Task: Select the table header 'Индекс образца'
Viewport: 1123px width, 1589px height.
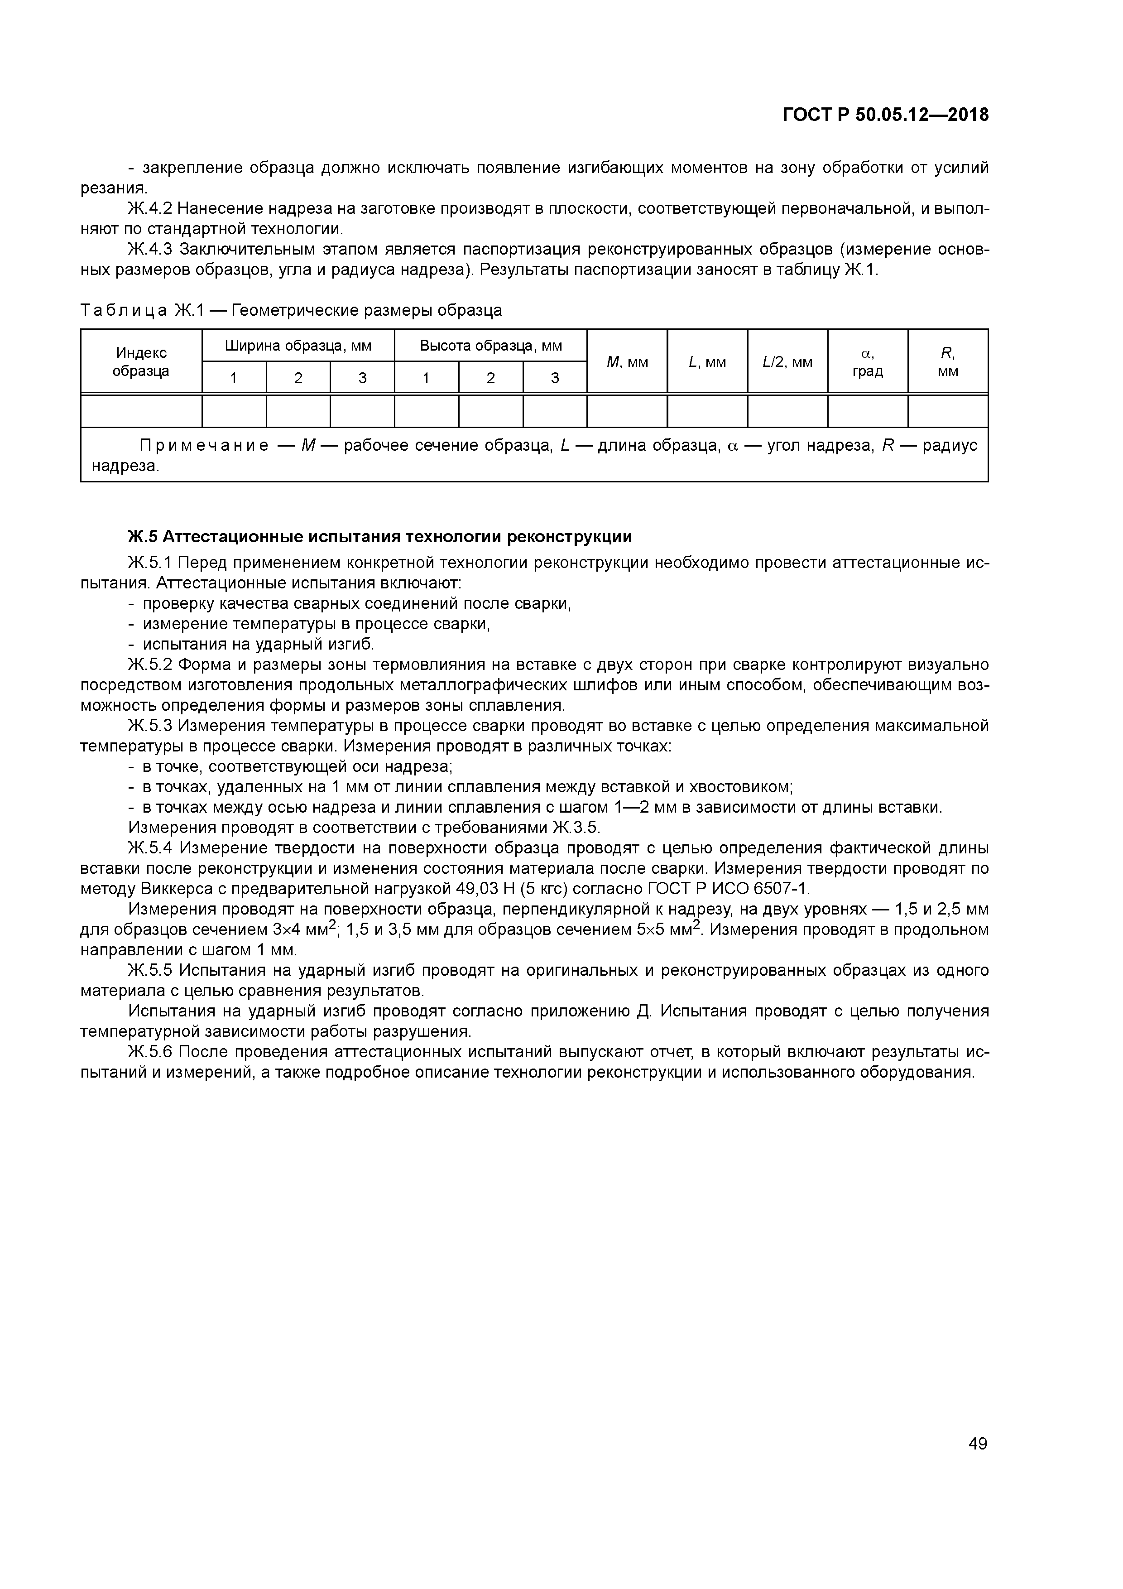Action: tap(141, 362)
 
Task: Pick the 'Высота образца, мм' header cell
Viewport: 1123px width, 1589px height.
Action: tap(490, 345)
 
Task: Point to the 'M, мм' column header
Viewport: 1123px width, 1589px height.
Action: tap(627, 362)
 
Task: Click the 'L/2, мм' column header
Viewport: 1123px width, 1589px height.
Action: tap(787, 362)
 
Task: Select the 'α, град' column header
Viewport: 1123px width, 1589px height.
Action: tap(868, 362)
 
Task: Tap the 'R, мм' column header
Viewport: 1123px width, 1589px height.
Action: tap(947, 362)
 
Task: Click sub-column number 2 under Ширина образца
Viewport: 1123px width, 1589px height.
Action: tap(298, 378)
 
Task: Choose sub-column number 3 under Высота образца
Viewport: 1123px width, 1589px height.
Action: tap(555, 378)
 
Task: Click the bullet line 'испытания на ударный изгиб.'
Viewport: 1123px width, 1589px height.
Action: tap(257, 644)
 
